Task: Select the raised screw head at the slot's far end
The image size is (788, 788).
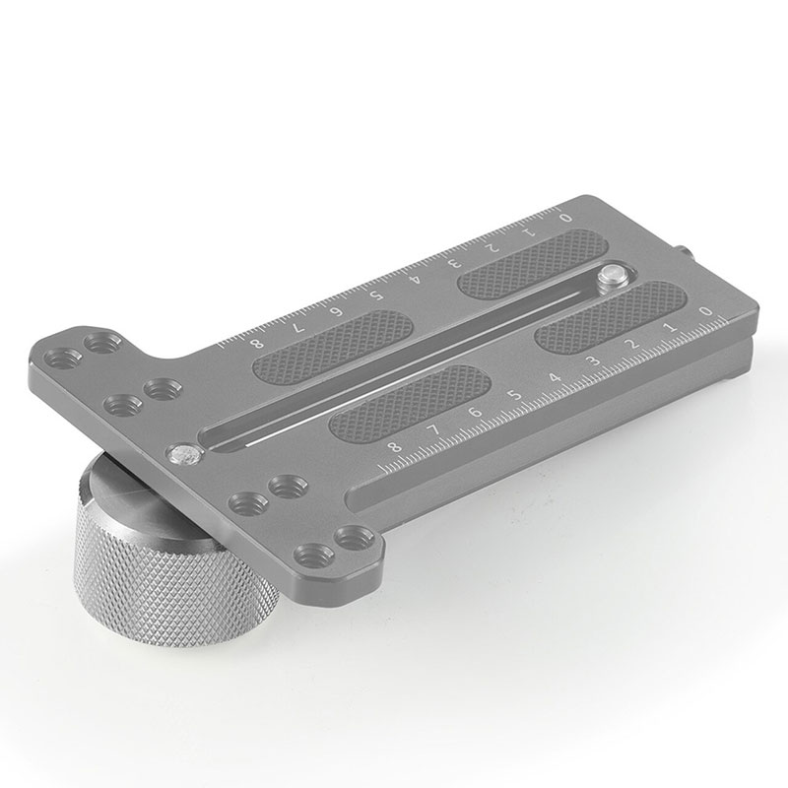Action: click(x=614, y=277)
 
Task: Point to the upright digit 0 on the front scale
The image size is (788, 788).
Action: click(x=705, y=312)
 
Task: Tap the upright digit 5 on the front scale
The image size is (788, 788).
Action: click(x=514, y=396)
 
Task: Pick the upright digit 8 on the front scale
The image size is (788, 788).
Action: click(x=396, y=448)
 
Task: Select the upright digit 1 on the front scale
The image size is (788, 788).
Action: click(x=670, y=327)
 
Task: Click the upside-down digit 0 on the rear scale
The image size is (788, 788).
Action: click(x=564, y=216)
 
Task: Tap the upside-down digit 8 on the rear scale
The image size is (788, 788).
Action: click(x=259, y=342)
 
